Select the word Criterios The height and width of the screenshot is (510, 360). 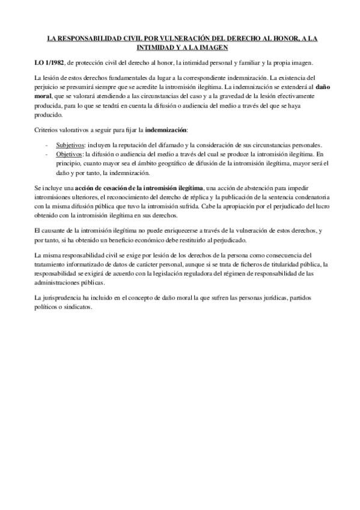(x=48, y=131)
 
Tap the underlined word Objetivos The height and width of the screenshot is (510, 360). (x=69, y=155)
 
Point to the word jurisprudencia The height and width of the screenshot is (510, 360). (x=65, y=298)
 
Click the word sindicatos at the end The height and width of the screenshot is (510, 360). (x=76, y=307)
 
